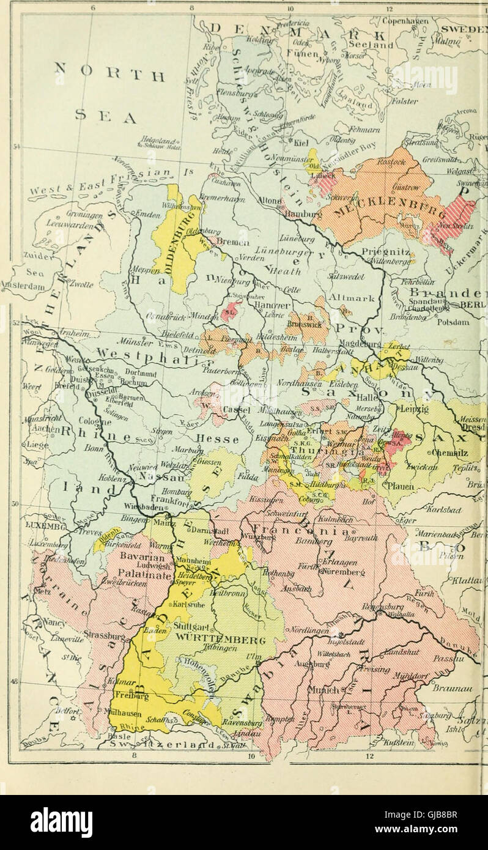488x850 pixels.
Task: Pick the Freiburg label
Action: [x=130, y=695]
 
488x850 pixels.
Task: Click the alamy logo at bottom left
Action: [x=61, y=822]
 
